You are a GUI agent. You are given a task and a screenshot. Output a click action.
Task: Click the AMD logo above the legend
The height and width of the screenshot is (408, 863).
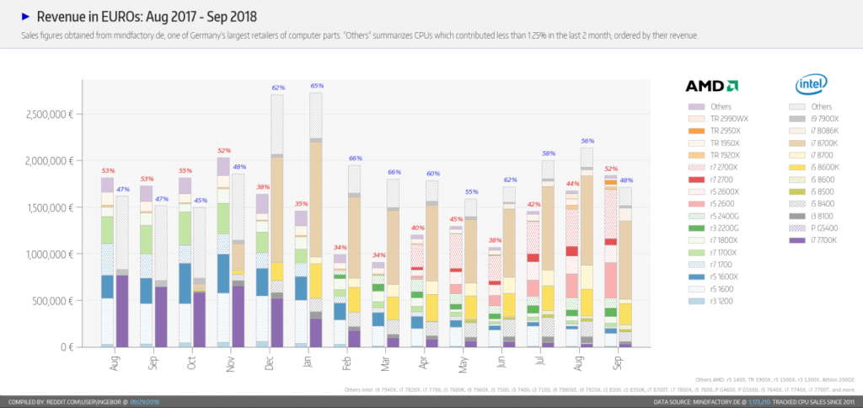712,85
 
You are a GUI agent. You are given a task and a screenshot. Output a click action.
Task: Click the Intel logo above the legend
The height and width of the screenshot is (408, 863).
812,84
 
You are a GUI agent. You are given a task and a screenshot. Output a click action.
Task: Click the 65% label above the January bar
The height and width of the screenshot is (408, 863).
317,86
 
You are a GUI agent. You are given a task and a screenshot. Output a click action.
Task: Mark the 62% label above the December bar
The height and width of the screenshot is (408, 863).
278,88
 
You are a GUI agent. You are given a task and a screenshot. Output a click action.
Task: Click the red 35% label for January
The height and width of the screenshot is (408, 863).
301,204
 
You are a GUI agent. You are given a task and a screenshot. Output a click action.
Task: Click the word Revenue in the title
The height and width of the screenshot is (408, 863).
60,16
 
